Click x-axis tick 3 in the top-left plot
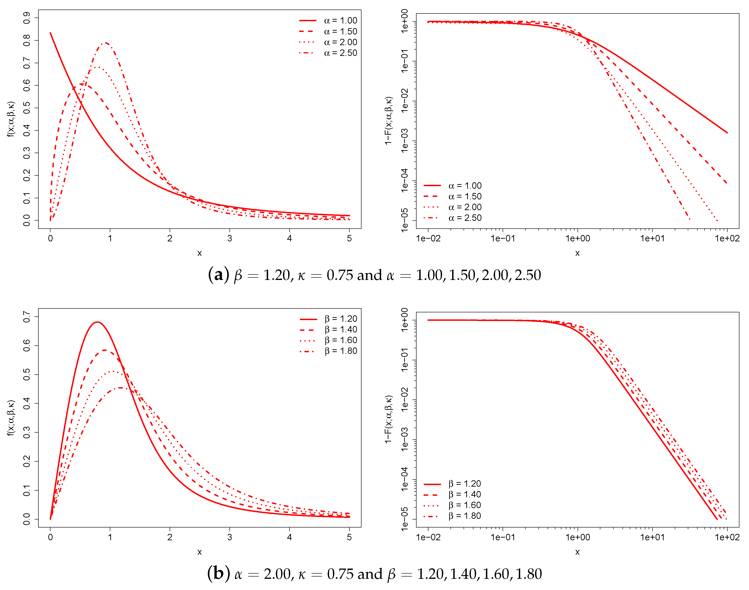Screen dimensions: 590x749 pyautogui.click(x=229, y=238)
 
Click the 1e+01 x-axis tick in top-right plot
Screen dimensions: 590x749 pyautogui.click(x=652, y=238)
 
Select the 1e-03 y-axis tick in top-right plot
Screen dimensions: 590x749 pyautogui.click(x=404, y=140)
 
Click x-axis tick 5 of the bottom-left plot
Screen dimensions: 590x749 pyautogui.click(x=349, y=537)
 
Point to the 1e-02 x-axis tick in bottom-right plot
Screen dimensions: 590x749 pyautogui.click(x=428, y=537)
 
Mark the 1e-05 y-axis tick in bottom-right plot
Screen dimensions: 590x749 pyautogui.click(x=404, y=519)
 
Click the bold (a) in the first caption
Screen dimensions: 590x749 pyautogui.click(x=219, y=275)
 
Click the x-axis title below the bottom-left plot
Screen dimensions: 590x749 pyautogui.click(x=199, y=552)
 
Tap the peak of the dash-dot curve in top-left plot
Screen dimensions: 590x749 pyautogui.click(x=105, y=43)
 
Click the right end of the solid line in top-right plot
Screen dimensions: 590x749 pyautogui.click(x=727, y=133)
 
